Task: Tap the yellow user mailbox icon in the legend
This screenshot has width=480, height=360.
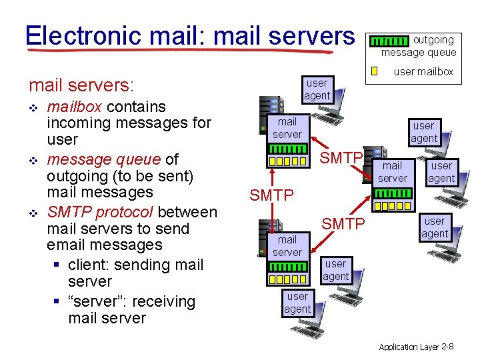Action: pos(375,71)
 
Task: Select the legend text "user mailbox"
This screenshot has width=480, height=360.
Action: pos(423,71)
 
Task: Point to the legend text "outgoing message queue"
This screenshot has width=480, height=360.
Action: pos(420,46)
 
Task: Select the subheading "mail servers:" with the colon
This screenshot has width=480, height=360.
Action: pos(81,86)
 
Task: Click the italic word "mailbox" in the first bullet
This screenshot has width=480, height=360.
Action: pos(74,107)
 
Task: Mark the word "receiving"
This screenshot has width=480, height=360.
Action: pos(163,301)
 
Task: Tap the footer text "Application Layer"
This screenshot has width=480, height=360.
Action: pos(408,347)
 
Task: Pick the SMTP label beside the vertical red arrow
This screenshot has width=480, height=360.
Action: pos(271,195)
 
